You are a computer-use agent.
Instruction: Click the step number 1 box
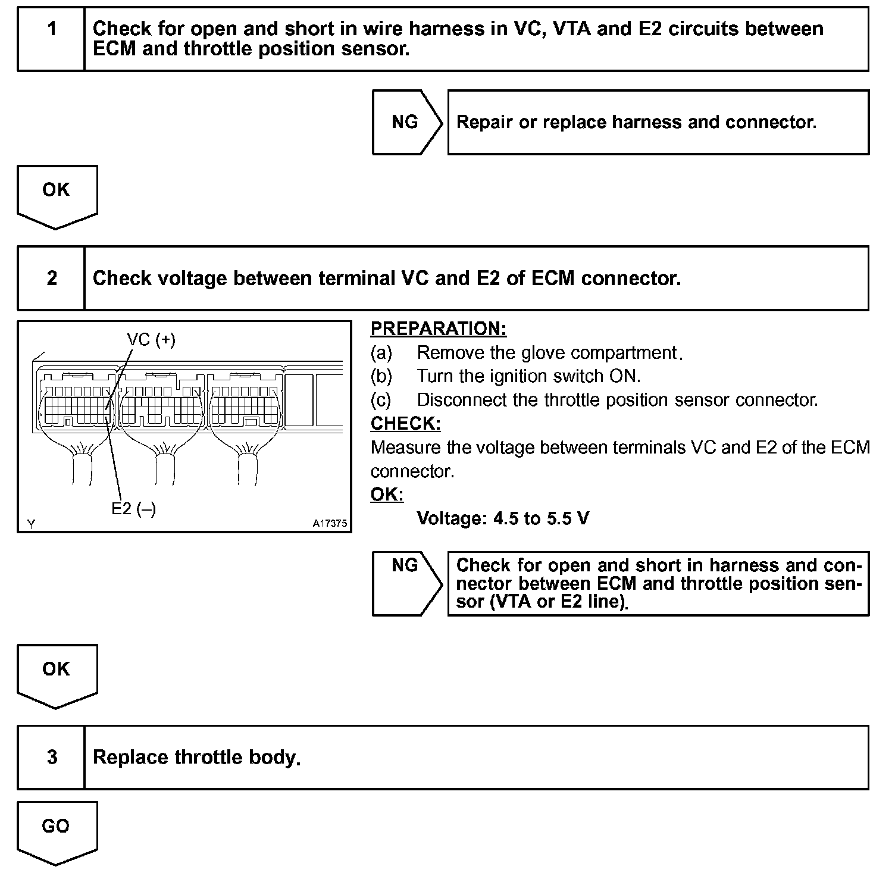[52, 39]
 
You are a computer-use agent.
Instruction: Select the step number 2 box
[52, 278]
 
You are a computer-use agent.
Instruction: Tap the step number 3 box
[52, 757]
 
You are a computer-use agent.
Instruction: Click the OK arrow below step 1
[57, 196]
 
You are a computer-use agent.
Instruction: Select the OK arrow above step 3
[57, 675]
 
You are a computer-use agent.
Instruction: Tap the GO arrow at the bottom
[57, 832]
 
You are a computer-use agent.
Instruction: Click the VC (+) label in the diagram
[151, 340]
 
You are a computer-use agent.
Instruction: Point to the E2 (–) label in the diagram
[134, 509]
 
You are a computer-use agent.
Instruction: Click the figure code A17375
[330, 524]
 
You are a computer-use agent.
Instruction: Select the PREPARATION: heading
[439, 329]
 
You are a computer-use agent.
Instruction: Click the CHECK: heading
[406, 424]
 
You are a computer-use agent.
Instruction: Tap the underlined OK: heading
[387, 495]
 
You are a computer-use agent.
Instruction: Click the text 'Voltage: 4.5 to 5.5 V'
[503, 518]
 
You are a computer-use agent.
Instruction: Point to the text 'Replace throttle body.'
[197, 757]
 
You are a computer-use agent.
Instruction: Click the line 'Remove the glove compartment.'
[547, 353]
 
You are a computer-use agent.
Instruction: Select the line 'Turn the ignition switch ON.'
[528, 376]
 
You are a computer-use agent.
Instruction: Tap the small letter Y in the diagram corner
[31, 524]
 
